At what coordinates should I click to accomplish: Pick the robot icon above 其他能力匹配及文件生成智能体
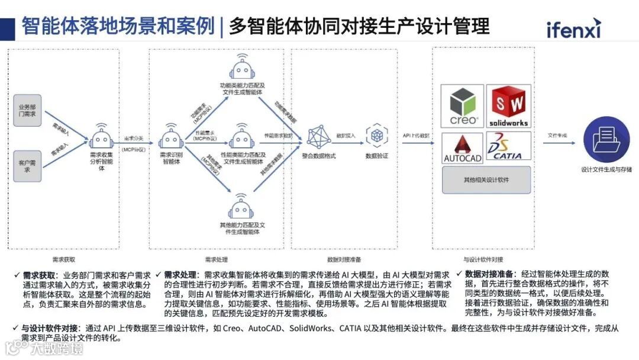241,207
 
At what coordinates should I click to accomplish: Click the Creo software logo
463,107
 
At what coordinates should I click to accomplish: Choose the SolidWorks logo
508,107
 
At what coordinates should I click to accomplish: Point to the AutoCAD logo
463,148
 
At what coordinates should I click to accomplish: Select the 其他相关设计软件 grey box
486,180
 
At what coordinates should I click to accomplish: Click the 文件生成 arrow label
557,136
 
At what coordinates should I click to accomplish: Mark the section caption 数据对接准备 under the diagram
344,259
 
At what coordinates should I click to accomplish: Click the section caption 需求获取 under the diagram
63,259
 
